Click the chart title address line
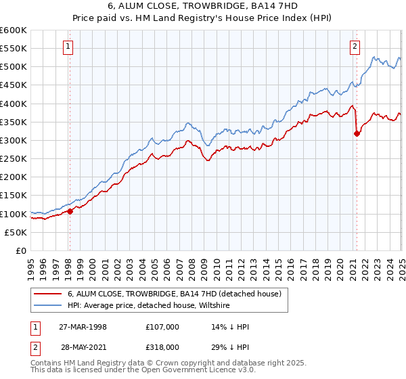click(x=202, y=5)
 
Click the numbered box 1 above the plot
click(x=69, y=47)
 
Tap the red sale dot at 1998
click(x=70, y=211)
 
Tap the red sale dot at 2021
click(x=357, y=134)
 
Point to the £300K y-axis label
click(x=14, y=140)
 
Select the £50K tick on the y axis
click(x=16, y=232)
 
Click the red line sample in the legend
click(x=48, y=294)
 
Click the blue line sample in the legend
click(x=48, y=305)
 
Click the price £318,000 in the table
click(x=163, y=346)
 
